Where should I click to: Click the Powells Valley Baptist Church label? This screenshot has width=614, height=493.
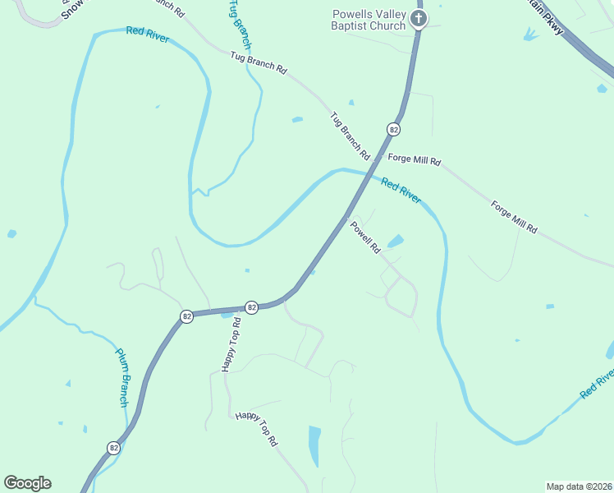(369, 20)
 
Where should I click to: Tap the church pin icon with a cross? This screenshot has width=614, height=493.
(419, 18)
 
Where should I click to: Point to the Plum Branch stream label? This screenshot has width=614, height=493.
(121, 378)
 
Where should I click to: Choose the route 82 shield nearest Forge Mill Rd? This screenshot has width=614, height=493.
(394, 130)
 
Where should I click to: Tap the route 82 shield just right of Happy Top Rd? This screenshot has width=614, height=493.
(252, 306)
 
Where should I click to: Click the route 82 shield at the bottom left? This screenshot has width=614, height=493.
(113, 448)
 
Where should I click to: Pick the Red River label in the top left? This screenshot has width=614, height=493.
(148, 35)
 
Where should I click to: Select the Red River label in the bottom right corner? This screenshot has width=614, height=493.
(597, 383)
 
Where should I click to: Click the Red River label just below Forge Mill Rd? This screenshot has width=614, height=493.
(401, 190)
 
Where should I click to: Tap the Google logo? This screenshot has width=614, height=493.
(27, 483)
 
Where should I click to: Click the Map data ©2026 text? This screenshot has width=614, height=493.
(579, 486)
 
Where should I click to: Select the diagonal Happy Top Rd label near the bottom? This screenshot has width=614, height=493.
(257, 429)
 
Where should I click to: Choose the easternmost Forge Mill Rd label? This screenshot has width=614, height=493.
(514, 215)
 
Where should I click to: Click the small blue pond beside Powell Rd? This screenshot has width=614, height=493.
(396, 242)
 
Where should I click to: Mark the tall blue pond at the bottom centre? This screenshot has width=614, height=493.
(314, 445)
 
